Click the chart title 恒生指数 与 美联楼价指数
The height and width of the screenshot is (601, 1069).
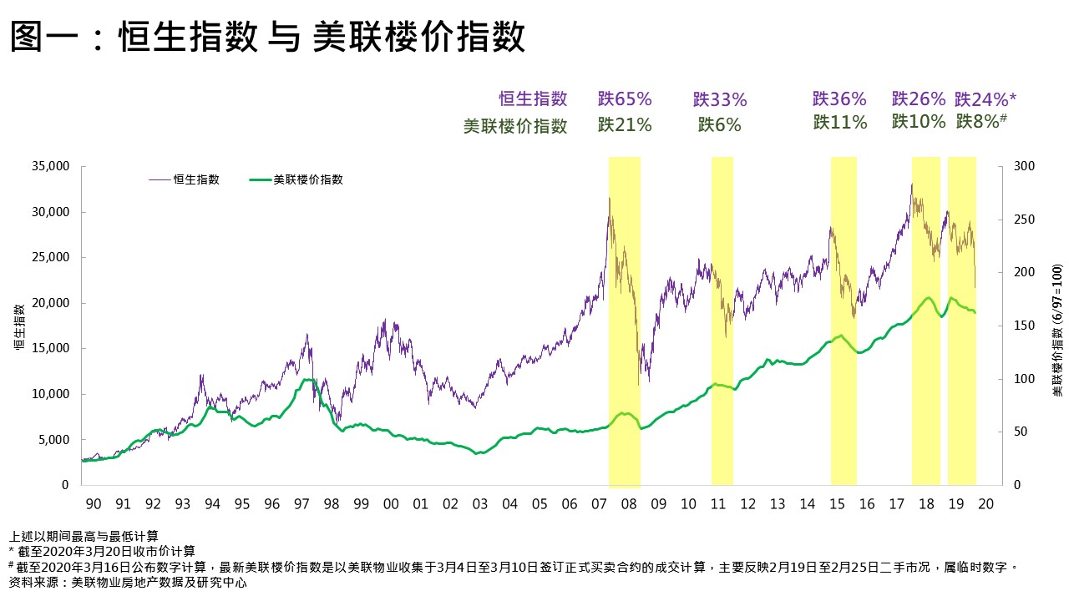point(268,38)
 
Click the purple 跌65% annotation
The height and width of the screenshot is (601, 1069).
point(625,98)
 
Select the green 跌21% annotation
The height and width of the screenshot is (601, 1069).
point(625,125)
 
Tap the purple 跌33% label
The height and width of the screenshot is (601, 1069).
point(720,100)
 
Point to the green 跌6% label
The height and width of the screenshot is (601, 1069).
point(720,125)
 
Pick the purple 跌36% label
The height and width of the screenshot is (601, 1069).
point(840,98)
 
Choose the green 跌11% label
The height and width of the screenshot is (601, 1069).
point(840,122)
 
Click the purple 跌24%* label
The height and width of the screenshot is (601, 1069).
point(985,98)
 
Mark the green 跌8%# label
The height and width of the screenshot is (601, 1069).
point(981,121)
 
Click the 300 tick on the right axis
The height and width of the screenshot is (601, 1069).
point(1023,166)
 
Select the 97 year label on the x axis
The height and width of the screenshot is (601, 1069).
point(301,504)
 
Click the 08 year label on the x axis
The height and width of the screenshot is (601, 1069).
point(629,504)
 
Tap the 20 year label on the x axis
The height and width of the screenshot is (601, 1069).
point(985,504)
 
